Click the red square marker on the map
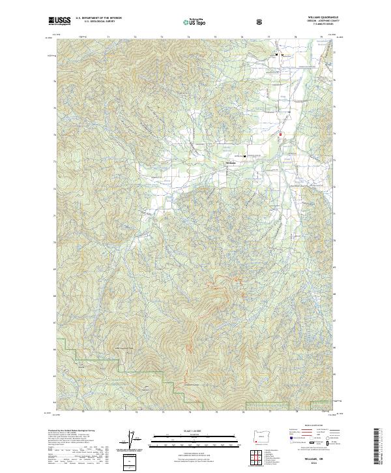coord(280,135)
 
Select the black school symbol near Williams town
coord(245,157)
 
